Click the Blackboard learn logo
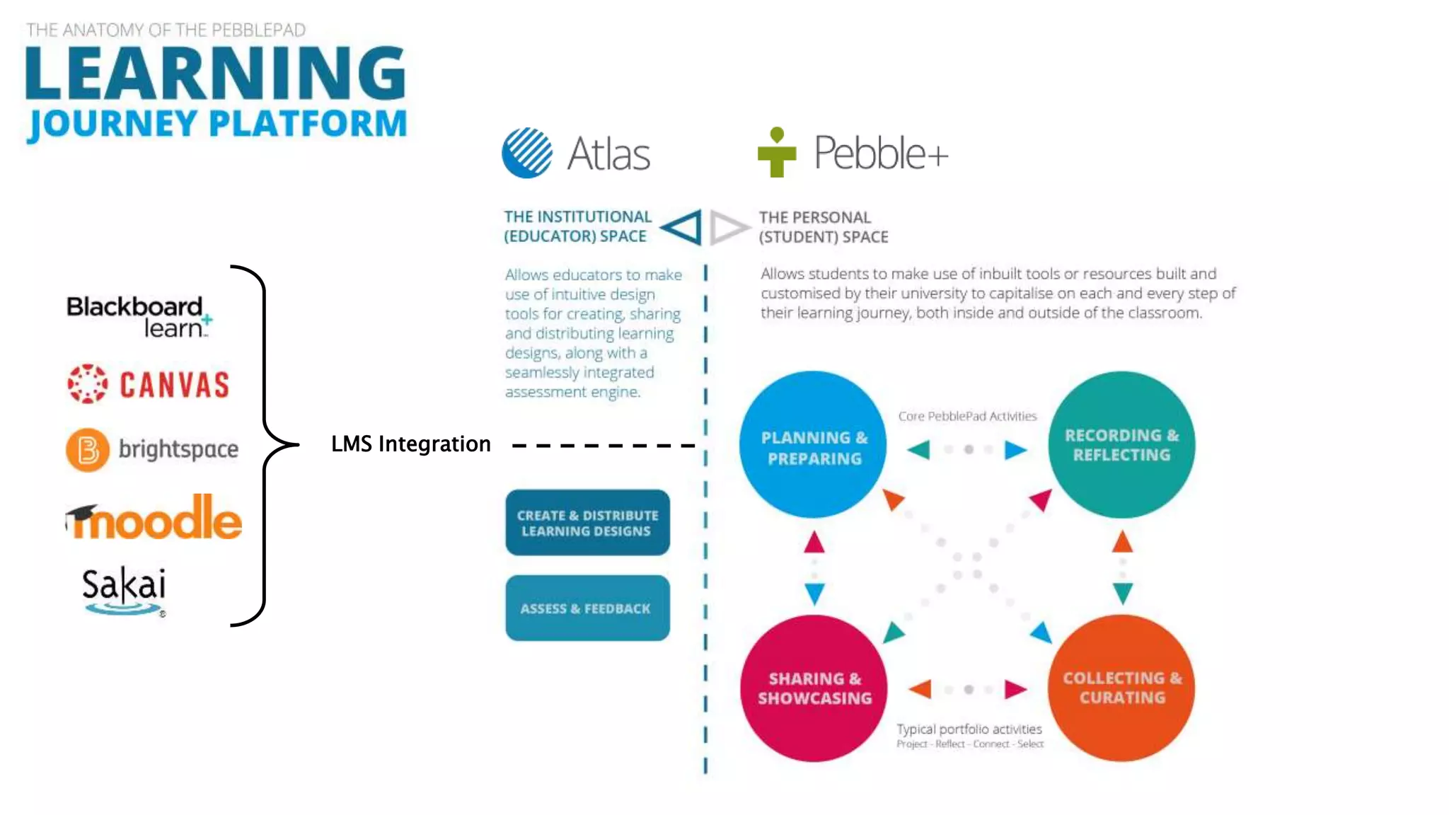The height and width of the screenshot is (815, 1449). (138, 316)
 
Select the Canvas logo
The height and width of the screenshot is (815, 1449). (149, 384)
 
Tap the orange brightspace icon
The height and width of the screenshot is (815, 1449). (88, 449)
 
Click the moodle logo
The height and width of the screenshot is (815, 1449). (154, 518)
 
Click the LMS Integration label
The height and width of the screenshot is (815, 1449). (410, 444)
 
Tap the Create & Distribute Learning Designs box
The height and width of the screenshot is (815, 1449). (587, 523)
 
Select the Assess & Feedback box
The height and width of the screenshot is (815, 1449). (587, 608)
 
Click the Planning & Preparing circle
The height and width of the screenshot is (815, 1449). (814, 446)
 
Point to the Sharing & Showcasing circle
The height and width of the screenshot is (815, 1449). (814, 688)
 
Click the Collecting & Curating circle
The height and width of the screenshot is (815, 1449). (1122, 688)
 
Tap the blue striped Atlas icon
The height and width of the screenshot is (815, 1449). (527, 153)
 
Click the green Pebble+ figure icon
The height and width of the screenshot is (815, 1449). (777, 152)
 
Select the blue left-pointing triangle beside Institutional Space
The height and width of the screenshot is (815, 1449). (682, 227)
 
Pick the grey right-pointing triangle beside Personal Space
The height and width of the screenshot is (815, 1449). (727, 227)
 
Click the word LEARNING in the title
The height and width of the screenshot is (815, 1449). (216, 74)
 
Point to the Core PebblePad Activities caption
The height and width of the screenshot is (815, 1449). (967, 416)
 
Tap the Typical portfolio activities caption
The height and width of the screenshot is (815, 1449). (969, 729)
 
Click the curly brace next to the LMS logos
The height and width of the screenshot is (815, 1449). (266, 446)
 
